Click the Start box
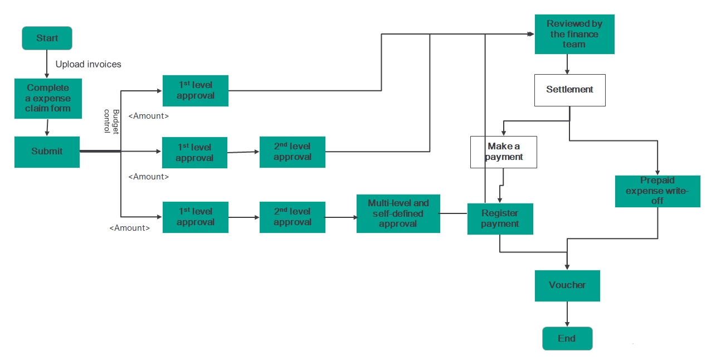[x=47, y=38]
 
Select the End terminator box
[x=567, y=338]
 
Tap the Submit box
[x=47, y=152]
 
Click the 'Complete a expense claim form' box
[x=48, y=98]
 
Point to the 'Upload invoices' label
[x=88, y=64]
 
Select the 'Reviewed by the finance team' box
[x=574, y=34]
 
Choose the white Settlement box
[x=569, y=90]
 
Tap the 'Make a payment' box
[x=504, y=152]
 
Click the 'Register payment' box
[x=500, y=218]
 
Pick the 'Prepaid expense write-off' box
[x=658, y=191]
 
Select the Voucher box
[x=567, y=285]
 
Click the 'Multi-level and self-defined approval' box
[x=398, y=213]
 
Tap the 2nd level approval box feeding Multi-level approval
[x=292, y=217]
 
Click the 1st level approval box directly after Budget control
[x=195, y=90]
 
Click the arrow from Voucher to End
[x=567, y=314]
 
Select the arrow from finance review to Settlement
[x=567, y=64]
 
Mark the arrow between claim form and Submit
[x=47, y=128]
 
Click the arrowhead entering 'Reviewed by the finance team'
[x=530, y=34]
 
